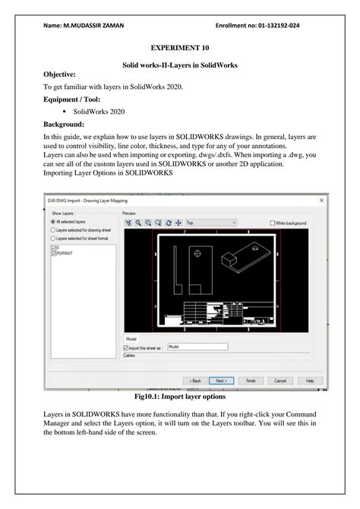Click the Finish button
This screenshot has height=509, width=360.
[250, 380]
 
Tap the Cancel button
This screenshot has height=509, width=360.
[279, 380]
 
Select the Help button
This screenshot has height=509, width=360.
[308, 380]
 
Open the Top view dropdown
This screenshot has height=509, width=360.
[211, 223]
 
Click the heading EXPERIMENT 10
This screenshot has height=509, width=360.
[181, 48]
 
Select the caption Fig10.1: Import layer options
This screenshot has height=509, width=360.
[180, 397]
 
